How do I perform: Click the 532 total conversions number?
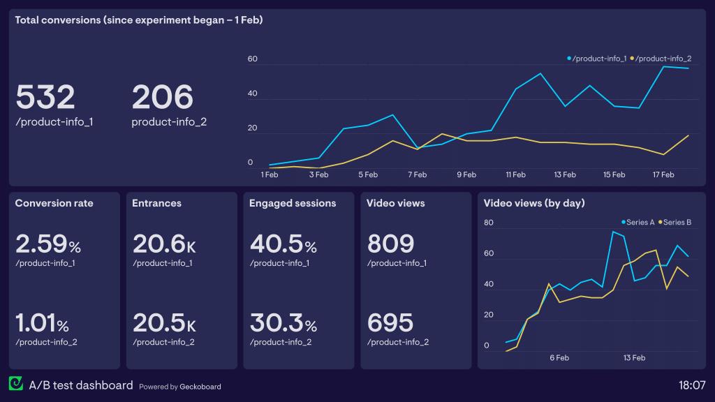click(x=45, y=97)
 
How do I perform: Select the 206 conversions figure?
click(x=162, y=97)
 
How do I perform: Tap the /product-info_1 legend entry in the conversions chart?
click(x=597, y=59)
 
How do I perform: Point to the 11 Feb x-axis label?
click(x=515, y=174)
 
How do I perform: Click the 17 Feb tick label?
click(x=663, y=174)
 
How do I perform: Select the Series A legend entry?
click(x=637, y=223)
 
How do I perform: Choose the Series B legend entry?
click(x=675, y=223)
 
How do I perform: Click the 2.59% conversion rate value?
click(x=48, y=244)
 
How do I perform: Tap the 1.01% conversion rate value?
click(x=42, y=324)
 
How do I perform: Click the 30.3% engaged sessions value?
click(x=283, y=324)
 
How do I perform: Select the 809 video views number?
click(x=390, y=244)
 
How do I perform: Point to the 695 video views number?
click(x=390, y=324)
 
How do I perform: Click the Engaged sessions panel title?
click(x=293, y=203)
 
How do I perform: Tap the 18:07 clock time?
click(x=691, y=385)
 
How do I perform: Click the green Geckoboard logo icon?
click(x=15, y=384)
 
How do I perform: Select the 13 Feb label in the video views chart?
click(x=633, y=358)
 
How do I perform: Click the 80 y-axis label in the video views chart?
click(x=489, y=223)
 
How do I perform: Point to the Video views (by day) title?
click(x=534, y=203)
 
